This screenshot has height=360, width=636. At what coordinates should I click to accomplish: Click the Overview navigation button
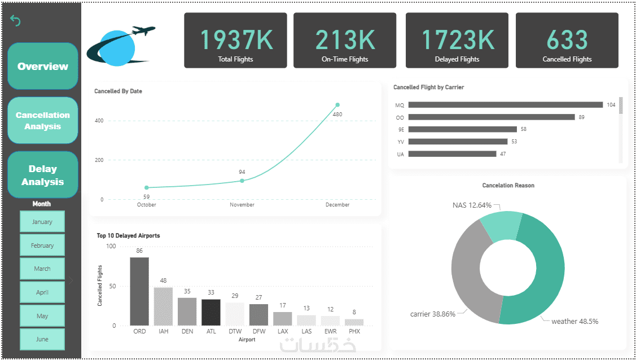pos(43,66)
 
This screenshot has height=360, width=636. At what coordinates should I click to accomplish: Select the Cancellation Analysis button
pos(43,120)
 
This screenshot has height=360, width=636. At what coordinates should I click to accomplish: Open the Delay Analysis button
pos(43,175)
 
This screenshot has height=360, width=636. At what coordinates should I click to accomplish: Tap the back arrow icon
pos(15,21)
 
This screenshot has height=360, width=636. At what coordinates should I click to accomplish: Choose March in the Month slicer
pos(42,269)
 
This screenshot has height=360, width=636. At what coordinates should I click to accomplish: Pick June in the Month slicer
pos(42,339)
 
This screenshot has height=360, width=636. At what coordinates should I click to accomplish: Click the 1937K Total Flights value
pos(235,39)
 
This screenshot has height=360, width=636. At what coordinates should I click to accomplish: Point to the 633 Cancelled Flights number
pos(567,39)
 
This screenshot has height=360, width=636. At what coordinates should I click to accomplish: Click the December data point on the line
pos(337,104)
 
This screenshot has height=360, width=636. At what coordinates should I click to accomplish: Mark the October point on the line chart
pos(147,187)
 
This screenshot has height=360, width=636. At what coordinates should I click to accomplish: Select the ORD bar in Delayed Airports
pos(139,291)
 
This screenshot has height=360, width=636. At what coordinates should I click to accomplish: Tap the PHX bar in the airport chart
pos(354,322)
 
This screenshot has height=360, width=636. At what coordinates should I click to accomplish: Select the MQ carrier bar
pos(505,105)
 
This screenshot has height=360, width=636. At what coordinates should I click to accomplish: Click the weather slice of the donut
pos(545,271)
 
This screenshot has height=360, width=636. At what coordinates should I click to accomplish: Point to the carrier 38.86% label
pos(432,314)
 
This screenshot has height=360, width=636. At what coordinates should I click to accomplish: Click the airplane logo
pos(121,45)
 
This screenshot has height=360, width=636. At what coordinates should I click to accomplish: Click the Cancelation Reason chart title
pos(508,185)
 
